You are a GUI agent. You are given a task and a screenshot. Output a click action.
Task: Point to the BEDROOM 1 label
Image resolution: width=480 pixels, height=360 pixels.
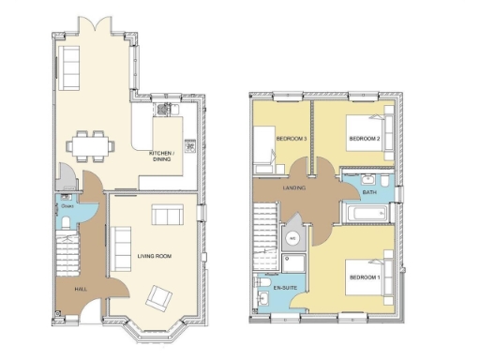click(x=364, y=278)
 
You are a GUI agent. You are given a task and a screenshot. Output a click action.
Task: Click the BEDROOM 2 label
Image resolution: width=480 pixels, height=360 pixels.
click(x=364, y=139)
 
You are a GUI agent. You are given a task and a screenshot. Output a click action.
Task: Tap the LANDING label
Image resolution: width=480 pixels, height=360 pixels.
click(x=295, y=187)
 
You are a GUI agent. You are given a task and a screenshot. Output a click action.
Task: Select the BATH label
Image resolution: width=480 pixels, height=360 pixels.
click(x=368, y=192)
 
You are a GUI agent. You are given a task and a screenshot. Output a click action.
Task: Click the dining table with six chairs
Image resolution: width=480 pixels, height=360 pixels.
click(x=91, y=145)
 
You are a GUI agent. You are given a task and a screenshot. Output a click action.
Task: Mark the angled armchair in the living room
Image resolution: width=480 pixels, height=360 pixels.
click(x=160, y=299)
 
